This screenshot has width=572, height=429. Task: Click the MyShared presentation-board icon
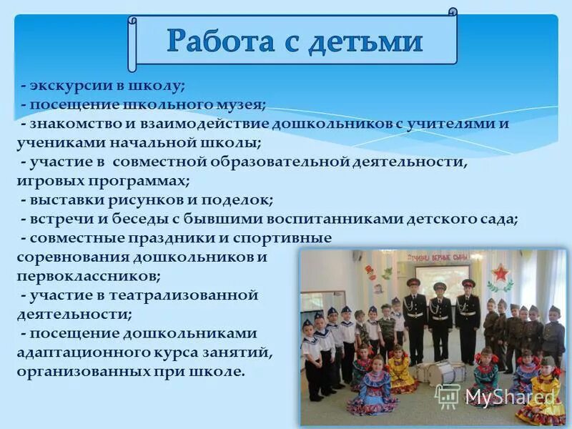(x=448, y=395)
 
